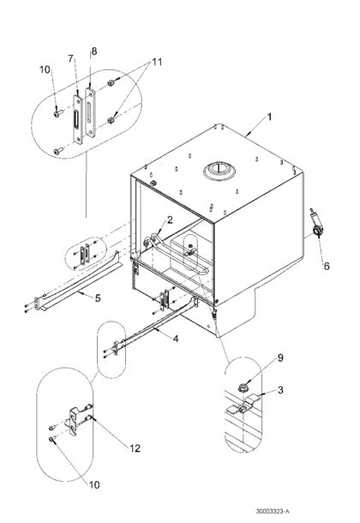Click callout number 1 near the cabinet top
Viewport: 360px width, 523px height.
coord(270,117)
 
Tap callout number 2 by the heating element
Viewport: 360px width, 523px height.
coord(170,219)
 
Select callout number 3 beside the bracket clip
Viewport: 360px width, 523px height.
coord(280,389)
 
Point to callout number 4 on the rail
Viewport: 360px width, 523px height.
coord(176,339)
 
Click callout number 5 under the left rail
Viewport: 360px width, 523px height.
coord(98,298)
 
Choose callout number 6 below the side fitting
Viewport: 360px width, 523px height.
coord(327,266)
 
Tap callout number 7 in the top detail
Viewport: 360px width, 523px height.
coord(70,58)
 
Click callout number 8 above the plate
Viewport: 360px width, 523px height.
coord(94,51)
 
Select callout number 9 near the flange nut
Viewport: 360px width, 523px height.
coord(280,358)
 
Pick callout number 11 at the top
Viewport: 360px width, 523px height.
coord(157,62)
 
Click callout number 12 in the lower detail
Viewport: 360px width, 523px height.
coord(135,448)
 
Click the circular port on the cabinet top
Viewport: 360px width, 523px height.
coord(219,171)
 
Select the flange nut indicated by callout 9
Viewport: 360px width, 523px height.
coord(242,388)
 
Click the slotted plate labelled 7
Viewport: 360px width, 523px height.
coord(78,119)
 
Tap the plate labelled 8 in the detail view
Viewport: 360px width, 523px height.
coord(90,112)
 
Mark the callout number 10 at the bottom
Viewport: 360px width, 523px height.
coord(94,484)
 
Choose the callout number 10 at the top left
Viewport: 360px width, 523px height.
coord(45,69)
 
